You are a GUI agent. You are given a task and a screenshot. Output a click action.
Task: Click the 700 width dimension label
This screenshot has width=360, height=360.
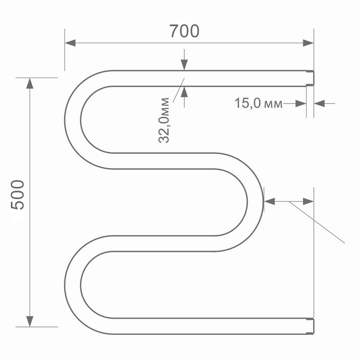184,32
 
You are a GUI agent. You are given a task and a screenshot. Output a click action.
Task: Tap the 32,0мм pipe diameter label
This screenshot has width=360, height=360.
164,120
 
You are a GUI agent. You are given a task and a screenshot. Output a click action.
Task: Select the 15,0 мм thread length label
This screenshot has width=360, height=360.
258,104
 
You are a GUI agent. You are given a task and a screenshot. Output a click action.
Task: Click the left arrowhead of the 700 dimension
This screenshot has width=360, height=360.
70,43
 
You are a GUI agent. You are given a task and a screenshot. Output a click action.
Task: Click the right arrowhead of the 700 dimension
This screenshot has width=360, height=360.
308,43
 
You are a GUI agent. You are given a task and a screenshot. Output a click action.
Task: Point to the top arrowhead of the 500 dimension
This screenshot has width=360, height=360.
30,83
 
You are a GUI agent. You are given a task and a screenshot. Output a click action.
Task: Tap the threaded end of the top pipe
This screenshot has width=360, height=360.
310,78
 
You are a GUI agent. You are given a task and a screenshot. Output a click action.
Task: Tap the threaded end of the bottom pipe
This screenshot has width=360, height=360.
310,326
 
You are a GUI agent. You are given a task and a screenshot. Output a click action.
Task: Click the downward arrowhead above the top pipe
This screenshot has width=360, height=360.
184,65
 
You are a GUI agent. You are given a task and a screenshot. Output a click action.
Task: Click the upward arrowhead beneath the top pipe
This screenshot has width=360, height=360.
184,92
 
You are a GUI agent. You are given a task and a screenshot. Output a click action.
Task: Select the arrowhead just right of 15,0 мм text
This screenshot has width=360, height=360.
301,104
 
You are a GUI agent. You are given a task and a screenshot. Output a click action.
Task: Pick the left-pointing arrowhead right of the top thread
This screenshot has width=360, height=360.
319,104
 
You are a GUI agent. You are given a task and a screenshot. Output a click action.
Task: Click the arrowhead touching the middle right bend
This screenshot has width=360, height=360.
270,202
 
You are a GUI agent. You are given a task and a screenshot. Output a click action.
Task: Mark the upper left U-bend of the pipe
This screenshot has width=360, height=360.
73,119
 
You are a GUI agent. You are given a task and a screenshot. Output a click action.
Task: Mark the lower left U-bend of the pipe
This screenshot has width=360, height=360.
73,284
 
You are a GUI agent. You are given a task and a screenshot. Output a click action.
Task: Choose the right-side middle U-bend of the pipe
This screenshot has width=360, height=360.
255,202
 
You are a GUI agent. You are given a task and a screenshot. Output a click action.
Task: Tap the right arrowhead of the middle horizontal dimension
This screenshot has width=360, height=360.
309,202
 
